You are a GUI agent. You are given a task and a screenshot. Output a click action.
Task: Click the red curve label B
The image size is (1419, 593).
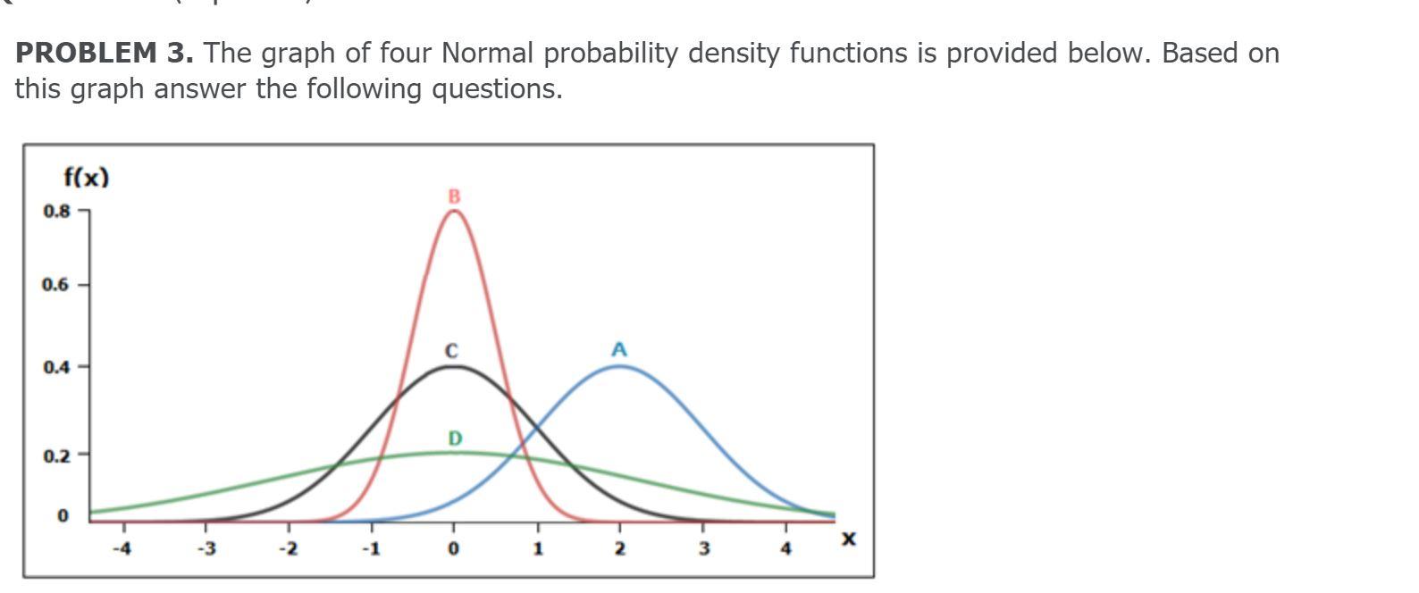click(x=454, y=196)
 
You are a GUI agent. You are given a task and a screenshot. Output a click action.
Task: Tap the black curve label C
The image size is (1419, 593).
click(x=451, y=351)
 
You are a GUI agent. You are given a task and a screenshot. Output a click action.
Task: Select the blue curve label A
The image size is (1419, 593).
click(x=619, y=350)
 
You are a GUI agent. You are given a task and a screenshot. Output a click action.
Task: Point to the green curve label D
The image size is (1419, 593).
click(x=455, y=438)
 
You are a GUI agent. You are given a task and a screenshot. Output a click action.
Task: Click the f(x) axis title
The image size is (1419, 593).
click(x=86, y=177)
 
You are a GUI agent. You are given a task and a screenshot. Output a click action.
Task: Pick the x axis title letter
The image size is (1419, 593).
click(x=848, y=539)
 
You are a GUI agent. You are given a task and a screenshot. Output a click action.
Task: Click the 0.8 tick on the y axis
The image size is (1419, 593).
click(x=55, y=212)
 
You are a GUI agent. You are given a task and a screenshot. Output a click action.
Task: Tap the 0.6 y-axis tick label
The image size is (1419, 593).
click(x=55, y=285)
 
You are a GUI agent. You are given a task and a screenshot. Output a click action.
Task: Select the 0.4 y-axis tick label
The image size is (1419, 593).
click(x=55, y=367)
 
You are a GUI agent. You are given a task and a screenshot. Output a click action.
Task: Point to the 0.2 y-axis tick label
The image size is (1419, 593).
click(x=55, y=455)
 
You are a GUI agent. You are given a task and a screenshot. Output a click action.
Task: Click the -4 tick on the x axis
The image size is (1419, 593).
click(x=122, y=548)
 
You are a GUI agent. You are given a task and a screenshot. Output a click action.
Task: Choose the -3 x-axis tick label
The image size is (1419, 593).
click(x=206, y=548)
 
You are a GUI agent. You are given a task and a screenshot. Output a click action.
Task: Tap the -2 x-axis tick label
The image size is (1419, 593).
click(x=288, y=548)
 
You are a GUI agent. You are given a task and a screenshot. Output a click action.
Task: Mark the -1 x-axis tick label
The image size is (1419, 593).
click(x=371, y=548)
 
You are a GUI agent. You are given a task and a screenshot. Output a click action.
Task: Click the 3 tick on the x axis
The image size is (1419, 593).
click(x=703, y=548)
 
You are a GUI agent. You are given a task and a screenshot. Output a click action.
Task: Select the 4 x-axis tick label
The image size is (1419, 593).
click(x=785, y=548)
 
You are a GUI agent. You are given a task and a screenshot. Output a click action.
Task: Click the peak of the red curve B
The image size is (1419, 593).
click(x=453, y=211)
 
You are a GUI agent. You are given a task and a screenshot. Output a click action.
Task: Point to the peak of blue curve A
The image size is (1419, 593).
click(x=619, y=366)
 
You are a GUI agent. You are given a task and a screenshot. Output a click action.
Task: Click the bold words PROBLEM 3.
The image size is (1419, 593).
click(x=105, y=54)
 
